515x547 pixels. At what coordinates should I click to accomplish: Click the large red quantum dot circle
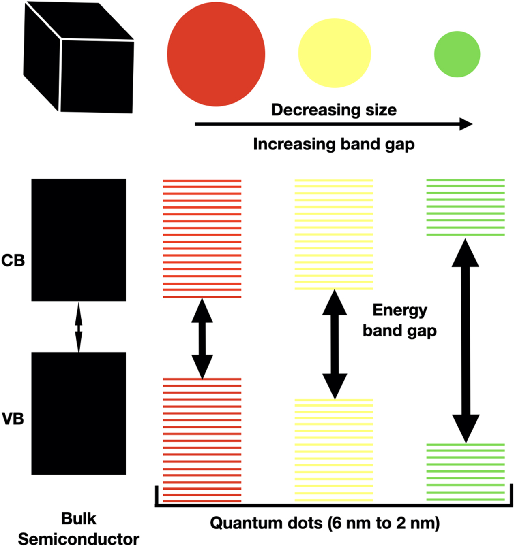216,54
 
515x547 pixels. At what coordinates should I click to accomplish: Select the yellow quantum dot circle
335,53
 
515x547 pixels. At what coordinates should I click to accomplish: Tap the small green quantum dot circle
457,54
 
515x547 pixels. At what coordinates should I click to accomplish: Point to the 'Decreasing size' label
334,110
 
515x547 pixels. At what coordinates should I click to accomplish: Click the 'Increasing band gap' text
334,145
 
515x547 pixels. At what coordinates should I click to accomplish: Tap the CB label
13,261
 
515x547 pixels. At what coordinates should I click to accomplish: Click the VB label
13,419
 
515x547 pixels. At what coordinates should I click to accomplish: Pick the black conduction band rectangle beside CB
79,240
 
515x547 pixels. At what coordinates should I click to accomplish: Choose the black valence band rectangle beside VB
79,413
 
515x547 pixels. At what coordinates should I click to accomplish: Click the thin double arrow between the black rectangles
79,327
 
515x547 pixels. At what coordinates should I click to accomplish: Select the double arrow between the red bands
202,338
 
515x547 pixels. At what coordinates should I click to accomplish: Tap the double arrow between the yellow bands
335,344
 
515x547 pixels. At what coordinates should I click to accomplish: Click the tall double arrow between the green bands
466,340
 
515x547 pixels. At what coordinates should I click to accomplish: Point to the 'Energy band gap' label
399,320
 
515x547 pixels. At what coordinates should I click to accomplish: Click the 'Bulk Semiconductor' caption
79,529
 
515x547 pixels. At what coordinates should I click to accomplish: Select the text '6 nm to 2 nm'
382,524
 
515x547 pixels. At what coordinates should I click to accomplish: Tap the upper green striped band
466,207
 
